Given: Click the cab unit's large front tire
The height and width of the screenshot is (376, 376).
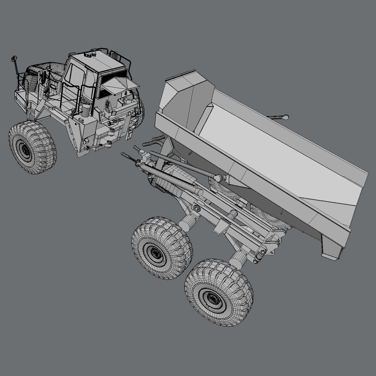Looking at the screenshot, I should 33,147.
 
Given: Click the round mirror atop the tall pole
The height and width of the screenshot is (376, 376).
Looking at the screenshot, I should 13,58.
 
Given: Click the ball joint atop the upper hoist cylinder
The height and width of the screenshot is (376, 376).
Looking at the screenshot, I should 217,177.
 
